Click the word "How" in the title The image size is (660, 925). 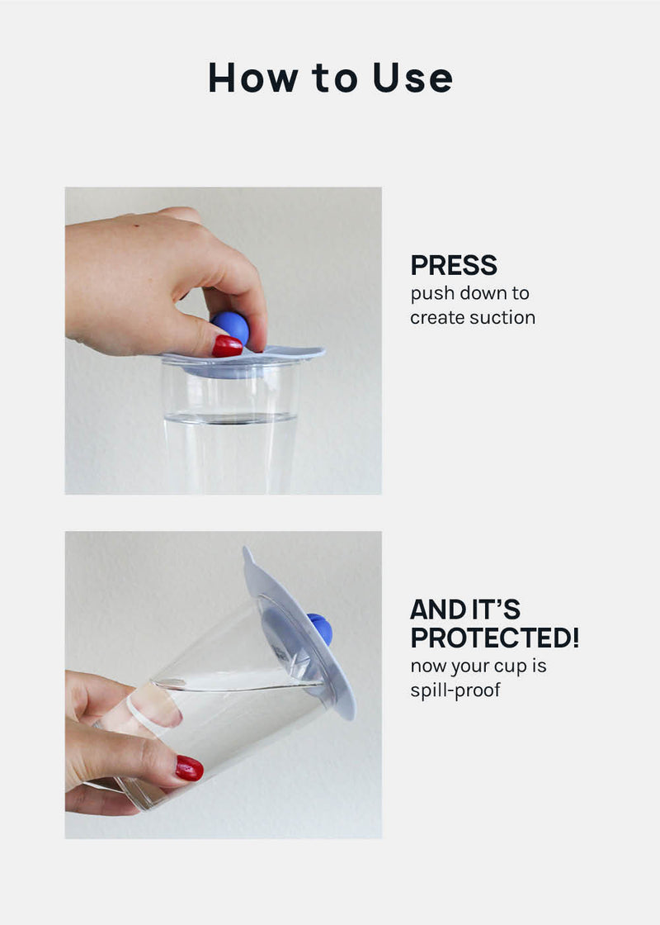(x=253, y=78)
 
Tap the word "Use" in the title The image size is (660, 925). (x=412, y=78)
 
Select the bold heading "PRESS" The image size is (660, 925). (x=454, y=265)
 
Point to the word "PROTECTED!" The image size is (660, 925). (x=494, y=638)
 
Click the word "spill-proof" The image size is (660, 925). (x=455, y=690)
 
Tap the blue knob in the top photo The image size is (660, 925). (x=230, y=326)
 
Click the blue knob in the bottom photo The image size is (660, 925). (x=321, y=629)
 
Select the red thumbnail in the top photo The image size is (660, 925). (x=227, y=346)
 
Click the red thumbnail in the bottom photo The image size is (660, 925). (x=189, y=768)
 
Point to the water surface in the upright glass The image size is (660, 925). (x=230, y=418)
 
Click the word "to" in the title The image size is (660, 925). (x=335, y=78)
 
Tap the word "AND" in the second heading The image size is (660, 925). (x=436, y=610)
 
